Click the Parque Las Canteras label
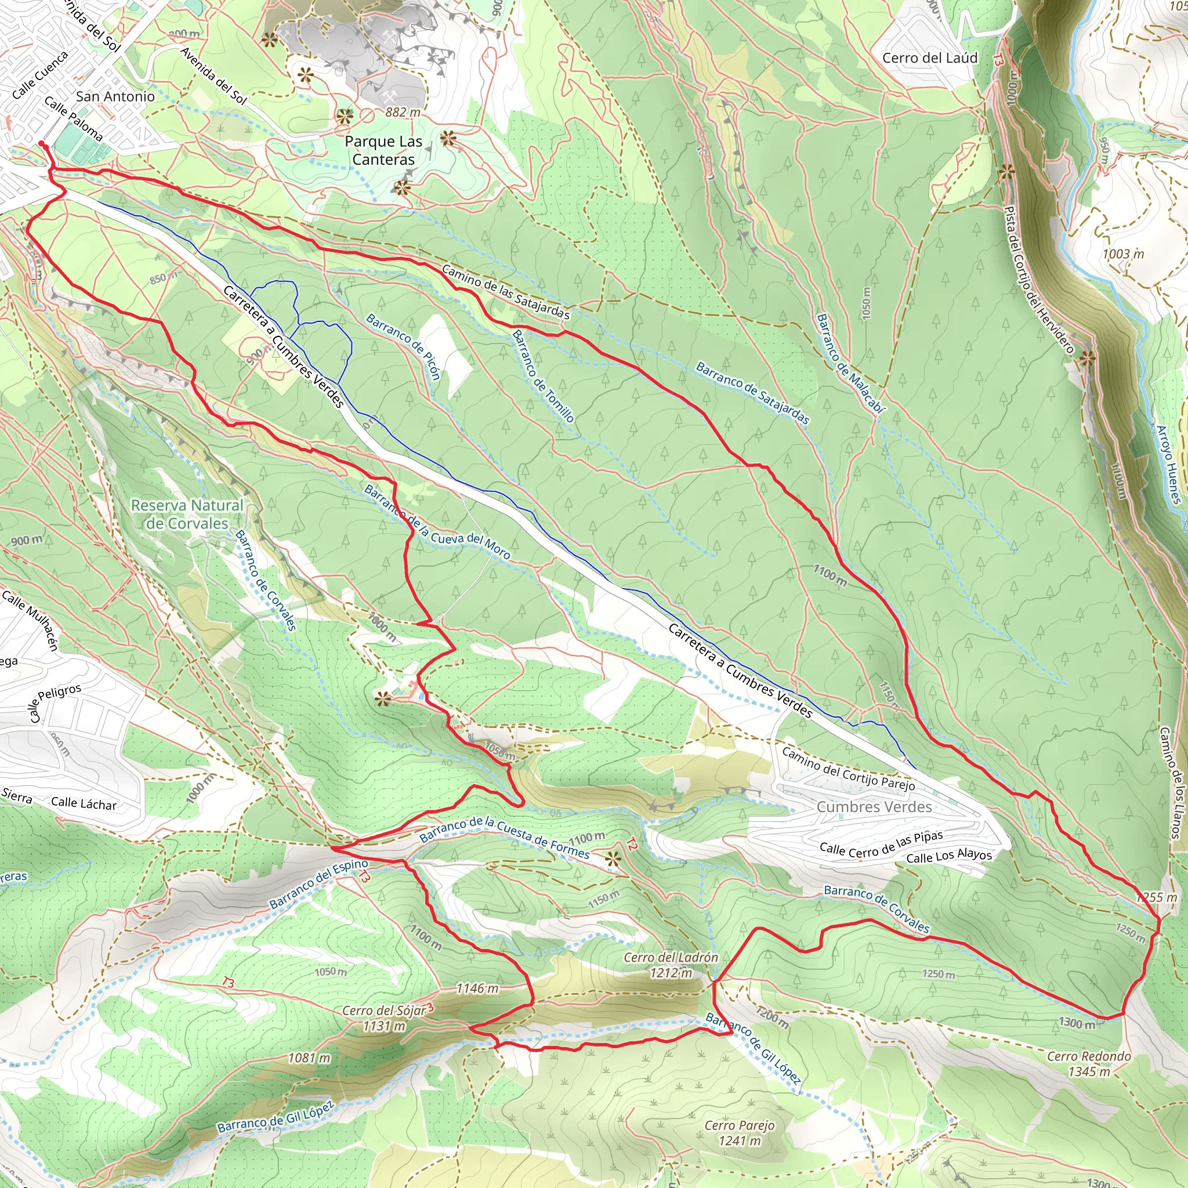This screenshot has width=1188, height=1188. click(x=383, y=150)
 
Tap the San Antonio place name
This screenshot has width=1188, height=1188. click(x=115, y=96)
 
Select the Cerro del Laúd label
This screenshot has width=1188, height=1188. click(x=929, y=58)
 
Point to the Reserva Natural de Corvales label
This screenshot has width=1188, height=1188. click(x=187, y=514)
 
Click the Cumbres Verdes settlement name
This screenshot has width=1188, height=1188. click(x=874, y=807)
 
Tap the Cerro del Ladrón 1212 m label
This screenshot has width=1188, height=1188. click(x=671, y=965)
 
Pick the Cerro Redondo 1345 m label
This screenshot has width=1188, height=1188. click(x=1088, y=1064)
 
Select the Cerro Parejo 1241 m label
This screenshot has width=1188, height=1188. click(x=739, y=1133)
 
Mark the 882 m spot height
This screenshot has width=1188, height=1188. click(x=403, y=112)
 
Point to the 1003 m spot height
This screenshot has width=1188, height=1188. click(x=1123, y=254)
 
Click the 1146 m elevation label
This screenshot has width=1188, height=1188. click(x=477, y=988)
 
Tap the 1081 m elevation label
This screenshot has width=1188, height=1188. click(x=309, y=1057)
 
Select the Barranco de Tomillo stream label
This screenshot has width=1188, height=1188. click(x=543, y=376)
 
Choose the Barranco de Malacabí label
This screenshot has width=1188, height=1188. click(x=850, y=363)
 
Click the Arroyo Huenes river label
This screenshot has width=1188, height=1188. click(x=1168, y=465)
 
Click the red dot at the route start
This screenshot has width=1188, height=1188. click(x=42, y=144)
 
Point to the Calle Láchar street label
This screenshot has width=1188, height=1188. click(x=84, y=803)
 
